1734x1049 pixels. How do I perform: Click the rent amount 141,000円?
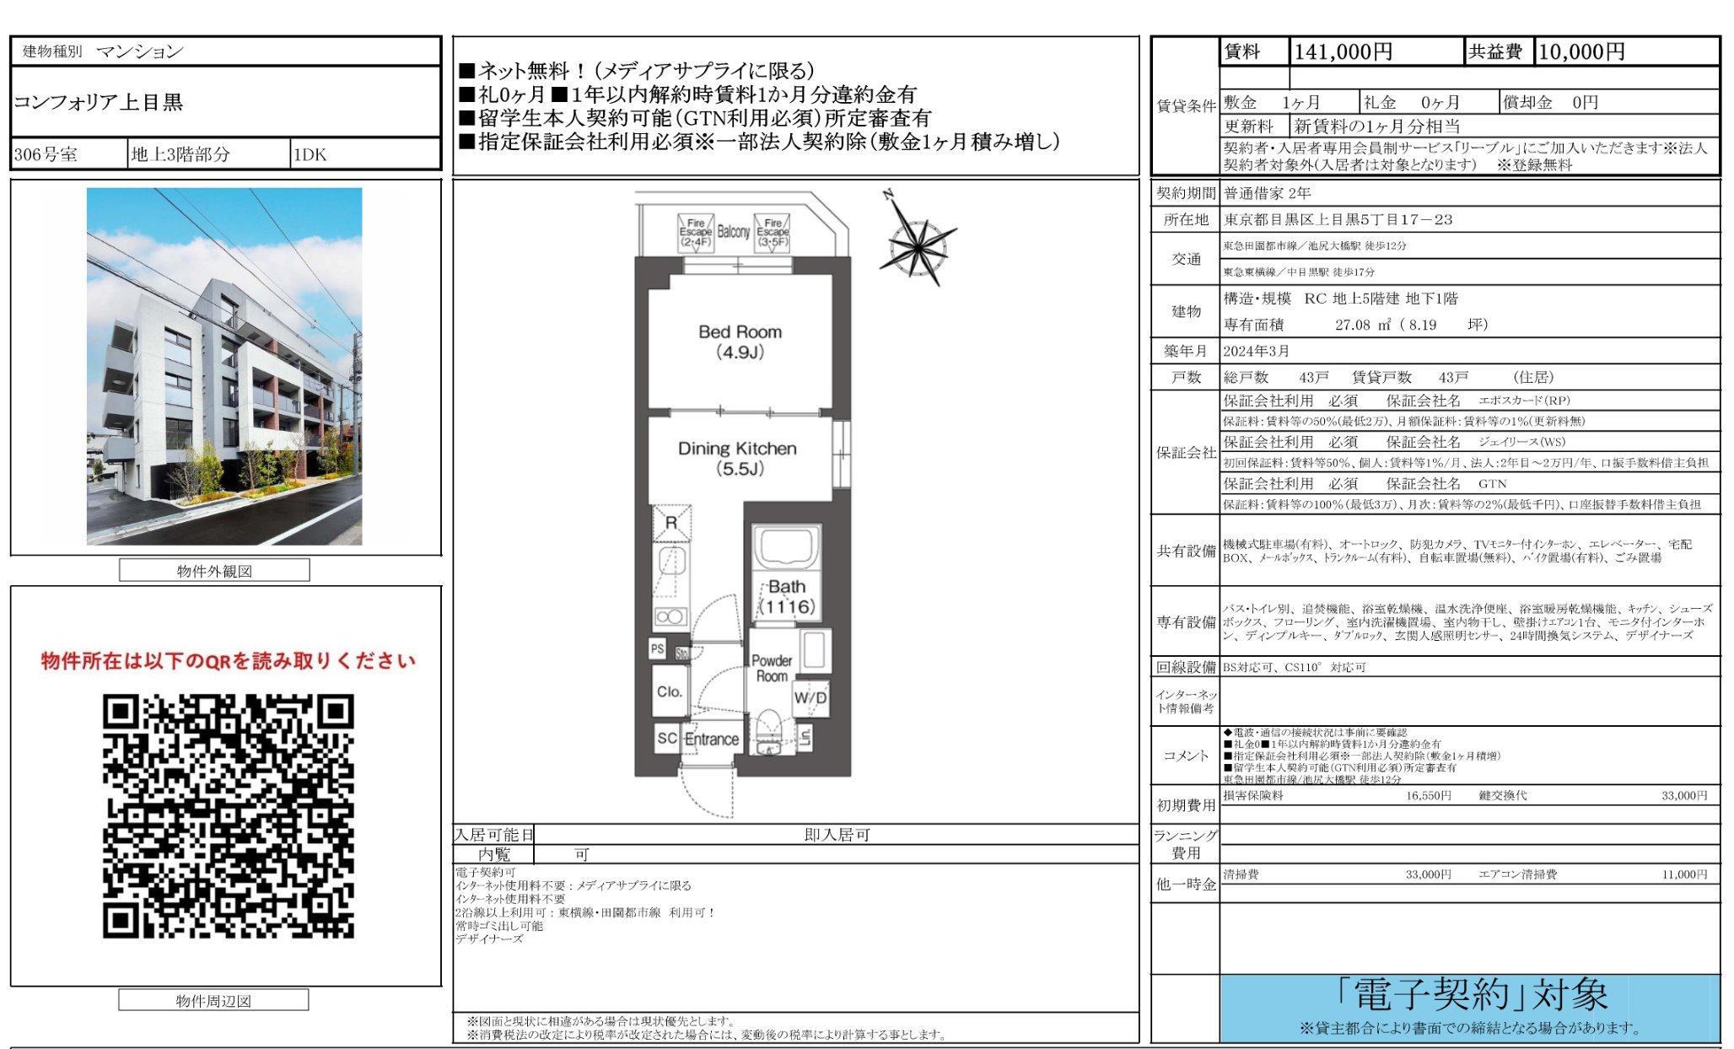(x=1343, y=52)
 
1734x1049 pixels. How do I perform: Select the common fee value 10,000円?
(x=1581, y=52)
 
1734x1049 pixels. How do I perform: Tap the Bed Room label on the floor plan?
(x=740, y=342)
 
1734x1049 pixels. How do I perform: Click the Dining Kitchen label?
(x=737, y=458)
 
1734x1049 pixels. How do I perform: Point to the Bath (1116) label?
(x=787, y=596)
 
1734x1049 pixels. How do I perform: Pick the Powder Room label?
(x=771, y=668)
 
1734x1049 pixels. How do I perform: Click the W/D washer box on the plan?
(x=810, y=698)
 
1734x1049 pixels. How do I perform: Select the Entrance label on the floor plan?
(x=711, y=740)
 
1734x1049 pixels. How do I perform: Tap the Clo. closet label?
(x=670, y=691)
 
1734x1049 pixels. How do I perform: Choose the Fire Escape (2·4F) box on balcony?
(x=696, y=232)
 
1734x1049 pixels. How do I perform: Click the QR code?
(x=228, y=815)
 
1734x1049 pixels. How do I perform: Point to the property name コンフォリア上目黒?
(x=99, y=102)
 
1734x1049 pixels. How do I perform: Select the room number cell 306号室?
(x=46, y=154)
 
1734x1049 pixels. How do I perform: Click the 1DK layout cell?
(x=310, y=154)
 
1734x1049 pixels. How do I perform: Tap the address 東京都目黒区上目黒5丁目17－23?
(x=1338, y=219)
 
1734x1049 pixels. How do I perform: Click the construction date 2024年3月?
(x=1257, y=351)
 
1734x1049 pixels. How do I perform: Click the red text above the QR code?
(x=228, y=660)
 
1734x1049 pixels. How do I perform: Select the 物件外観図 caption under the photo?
(x=214, y=571)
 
